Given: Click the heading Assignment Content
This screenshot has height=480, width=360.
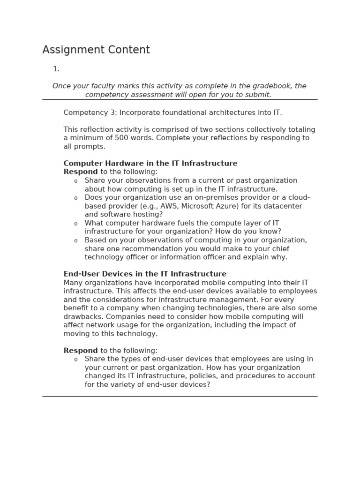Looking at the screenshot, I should (x=96, y=50).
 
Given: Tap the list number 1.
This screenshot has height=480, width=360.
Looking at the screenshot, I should (x=56, y=69).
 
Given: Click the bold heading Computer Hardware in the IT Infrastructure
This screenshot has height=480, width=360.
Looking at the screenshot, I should (x=150, y=163).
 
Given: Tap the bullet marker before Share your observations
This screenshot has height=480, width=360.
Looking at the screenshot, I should (x=76, y=181).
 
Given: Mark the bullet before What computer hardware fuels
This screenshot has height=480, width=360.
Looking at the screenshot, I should (x=76, y=224).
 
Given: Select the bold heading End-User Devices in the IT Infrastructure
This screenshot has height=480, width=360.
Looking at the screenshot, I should (x=145, y=274).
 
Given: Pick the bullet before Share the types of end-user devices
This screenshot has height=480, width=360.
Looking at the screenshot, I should (x=76, y=360).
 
